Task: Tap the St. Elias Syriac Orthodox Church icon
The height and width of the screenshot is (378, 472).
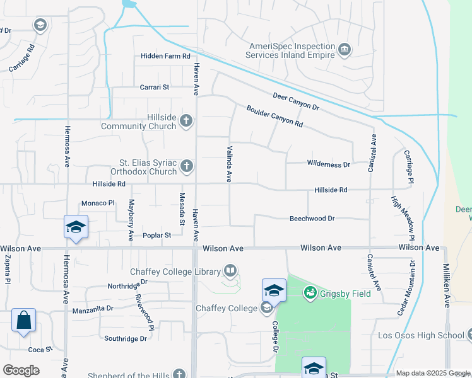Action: (x=186, y=166)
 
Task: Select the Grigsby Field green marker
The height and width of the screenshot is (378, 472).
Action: (x=310, y=292)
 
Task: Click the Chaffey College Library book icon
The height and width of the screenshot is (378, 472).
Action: (x=230, y=272)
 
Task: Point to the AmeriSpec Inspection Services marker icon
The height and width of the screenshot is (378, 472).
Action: (x=345, y=49)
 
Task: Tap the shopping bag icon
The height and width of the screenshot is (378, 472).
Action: (x=23, y=319)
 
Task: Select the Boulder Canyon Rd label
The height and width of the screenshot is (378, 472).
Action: (x=274, y=116)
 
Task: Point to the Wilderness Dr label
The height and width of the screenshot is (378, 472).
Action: (x=328, y=164)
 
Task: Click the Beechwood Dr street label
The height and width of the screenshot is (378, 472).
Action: (x=312, y=219)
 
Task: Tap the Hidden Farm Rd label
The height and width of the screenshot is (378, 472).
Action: (x=165, y=56)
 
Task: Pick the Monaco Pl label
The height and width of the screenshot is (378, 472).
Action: (x=98, y=203)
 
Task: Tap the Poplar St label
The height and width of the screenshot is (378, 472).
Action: (x=157, y=235)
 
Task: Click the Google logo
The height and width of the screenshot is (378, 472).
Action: (x=21, y=370)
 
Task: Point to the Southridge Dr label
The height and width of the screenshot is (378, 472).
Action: (x=125, y=338)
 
